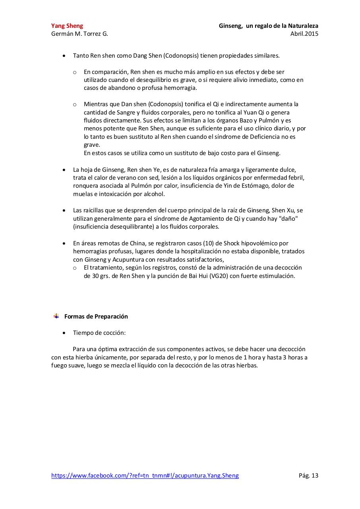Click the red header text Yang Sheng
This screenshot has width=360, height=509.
click(x=67, y=26)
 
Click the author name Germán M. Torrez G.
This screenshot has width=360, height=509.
click(x=79, y=34)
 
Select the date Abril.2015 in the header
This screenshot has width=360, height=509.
click(x=304, y=34)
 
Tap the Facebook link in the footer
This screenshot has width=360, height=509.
click(x=145, y=475)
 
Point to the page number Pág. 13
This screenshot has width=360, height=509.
click(x=308, y=475)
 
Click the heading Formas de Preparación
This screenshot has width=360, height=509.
click(x=96, y=317)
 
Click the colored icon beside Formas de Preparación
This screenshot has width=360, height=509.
click(x=56, y=316)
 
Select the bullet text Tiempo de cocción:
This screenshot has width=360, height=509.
click(x=99, y=333)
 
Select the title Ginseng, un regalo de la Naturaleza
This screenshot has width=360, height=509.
click(x=269, y=26)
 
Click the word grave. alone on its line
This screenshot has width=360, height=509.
click(x=92, y=145)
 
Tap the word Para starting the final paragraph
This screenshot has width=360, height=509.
click(x=79, y=349)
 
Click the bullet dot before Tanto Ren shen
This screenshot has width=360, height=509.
click(x=65, y=56)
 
